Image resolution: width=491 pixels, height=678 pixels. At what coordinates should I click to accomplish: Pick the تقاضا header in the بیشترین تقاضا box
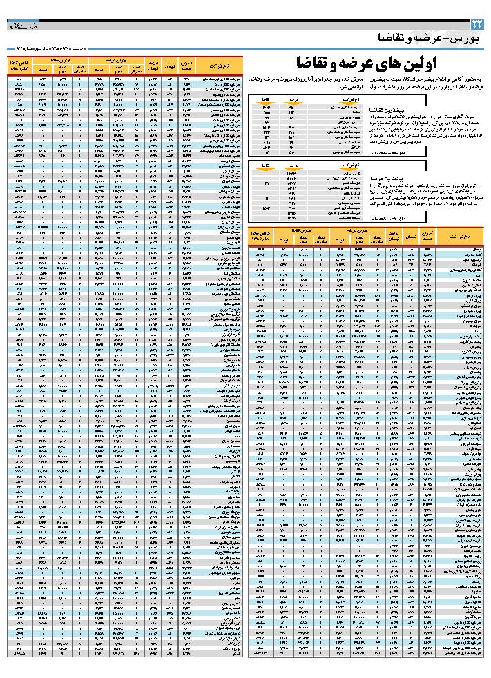click(x=265, y=101)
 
